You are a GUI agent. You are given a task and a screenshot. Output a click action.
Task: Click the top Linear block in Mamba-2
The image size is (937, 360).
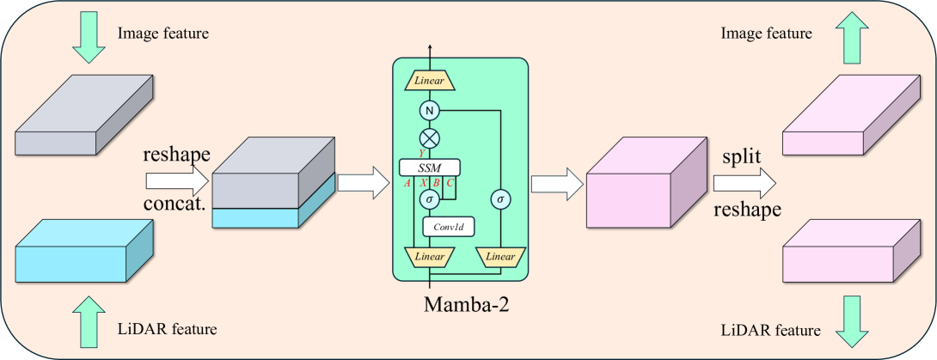pos(429,80)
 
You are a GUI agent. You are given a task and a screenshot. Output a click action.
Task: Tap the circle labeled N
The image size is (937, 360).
pos(429,110)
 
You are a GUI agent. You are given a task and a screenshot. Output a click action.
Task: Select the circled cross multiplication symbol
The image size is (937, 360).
pos(429,137)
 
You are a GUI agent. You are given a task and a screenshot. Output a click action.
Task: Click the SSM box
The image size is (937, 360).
pos(429,167)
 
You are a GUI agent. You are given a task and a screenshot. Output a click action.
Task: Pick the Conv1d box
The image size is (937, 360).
pos(448,227)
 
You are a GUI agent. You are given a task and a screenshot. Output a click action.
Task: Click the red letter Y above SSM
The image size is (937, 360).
pos(421,153)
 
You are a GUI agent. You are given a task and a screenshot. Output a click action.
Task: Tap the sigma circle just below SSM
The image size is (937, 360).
pos(429,198)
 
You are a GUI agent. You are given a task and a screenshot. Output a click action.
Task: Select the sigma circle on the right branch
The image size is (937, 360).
pos(499,198)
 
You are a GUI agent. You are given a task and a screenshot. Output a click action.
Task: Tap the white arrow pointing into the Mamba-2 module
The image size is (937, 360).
pos(358,182)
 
